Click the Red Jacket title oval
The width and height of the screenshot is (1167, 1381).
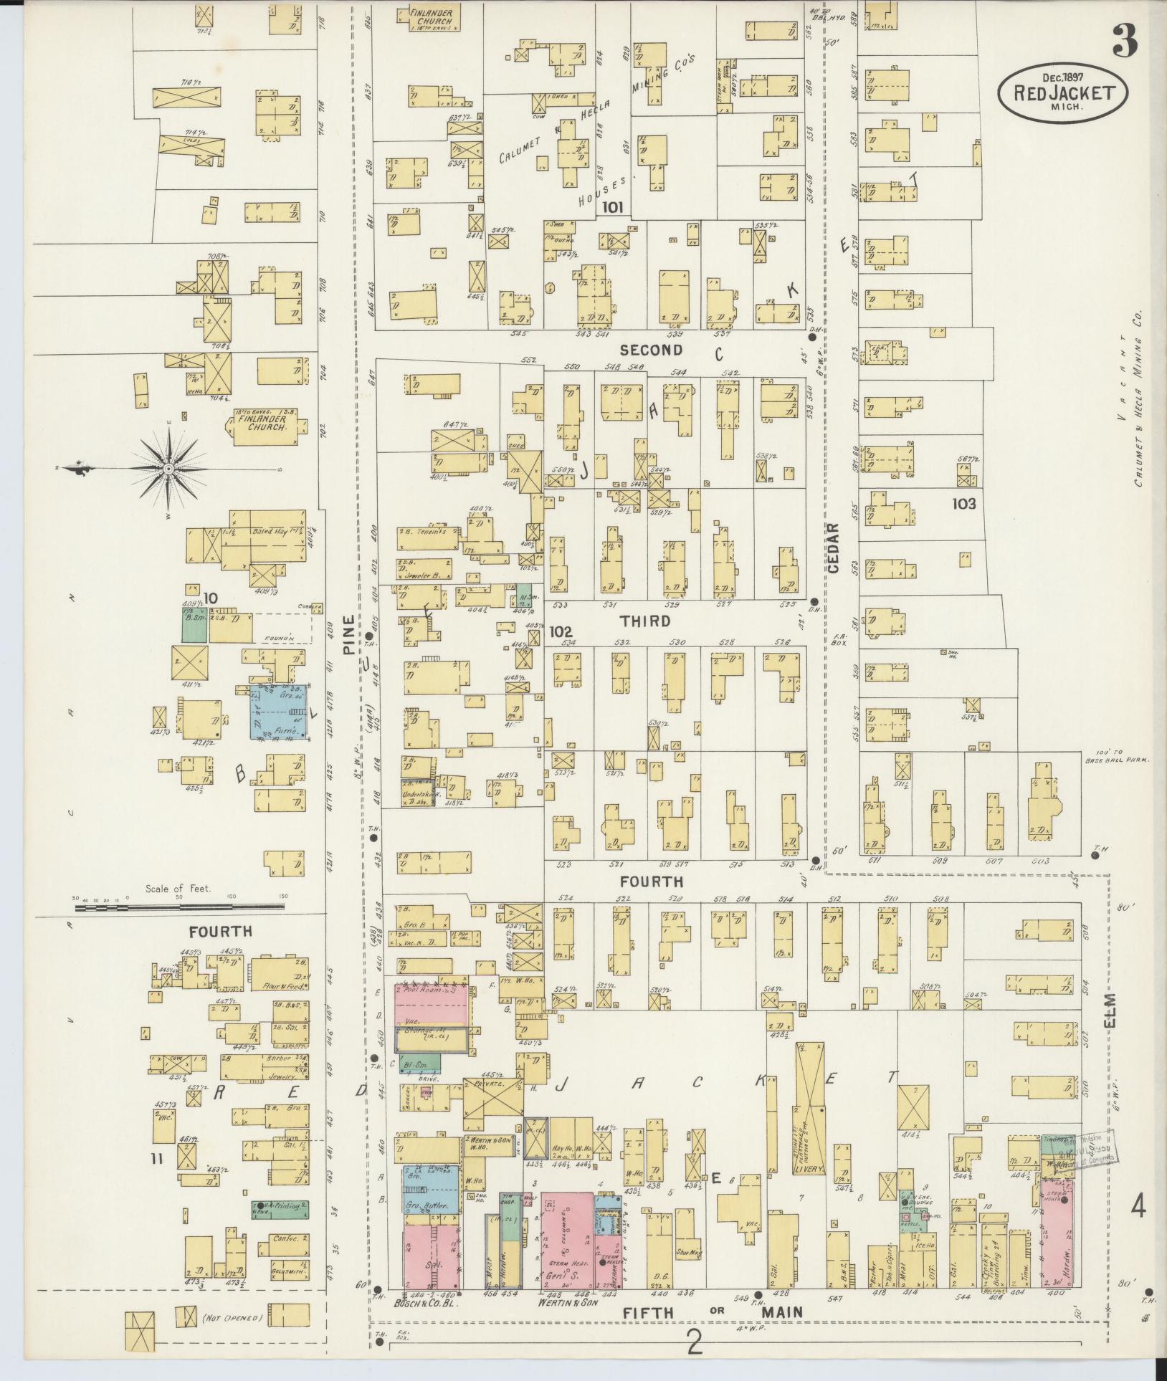tap(1063, 93)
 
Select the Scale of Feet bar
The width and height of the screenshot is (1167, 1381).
tap(179, 907)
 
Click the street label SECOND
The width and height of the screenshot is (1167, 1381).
tap(651, 350)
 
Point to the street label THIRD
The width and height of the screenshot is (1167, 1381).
tap(645, 621)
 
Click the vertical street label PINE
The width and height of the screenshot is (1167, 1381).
tap(349, 635)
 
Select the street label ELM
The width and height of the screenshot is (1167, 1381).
tap(1111, 1010)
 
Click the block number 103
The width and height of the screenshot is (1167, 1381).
tap(963, 504)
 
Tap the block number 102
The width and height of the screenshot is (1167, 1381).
tap(561, 632)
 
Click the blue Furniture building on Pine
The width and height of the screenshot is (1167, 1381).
tap(280, 710)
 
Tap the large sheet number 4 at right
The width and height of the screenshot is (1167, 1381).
tap(1138, 1208)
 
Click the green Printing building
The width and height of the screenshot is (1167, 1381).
tap(280, 1210)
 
